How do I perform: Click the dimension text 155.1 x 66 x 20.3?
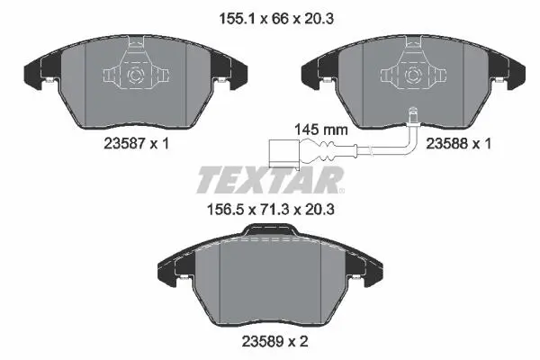point(276,19)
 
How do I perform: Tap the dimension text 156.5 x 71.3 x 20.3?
point(270,209)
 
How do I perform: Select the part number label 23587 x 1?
point(137,143)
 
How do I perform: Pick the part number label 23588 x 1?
point(458,143)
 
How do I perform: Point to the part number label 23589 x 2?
point(274,341)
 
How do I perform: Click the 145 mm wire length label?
point(320,130)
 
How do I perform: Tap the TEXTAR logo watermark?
point(270,180)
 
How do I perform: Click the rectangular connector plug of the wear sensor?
point(284,154)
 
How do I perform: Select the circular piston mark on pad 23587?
point(135,76)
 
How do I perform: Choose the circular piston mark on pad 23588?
point(413,76)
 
